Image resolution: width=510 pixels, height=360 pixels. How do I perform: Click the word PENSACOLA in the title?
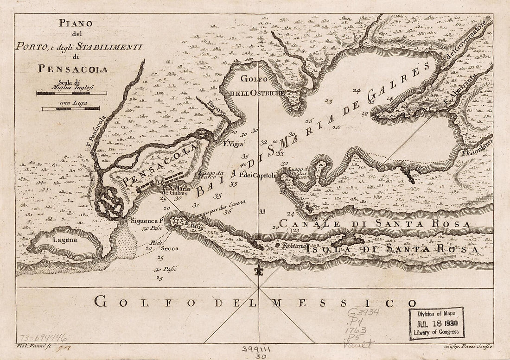[73, 69]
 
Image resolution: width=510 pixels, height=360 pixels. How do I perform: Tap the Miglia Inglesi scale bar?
[71, 93]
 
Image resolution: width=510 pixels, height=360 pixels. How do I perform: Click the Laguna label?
[64, 240]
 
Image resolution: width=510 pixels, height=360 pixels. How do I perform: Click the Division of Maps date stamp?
[436, 323]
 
